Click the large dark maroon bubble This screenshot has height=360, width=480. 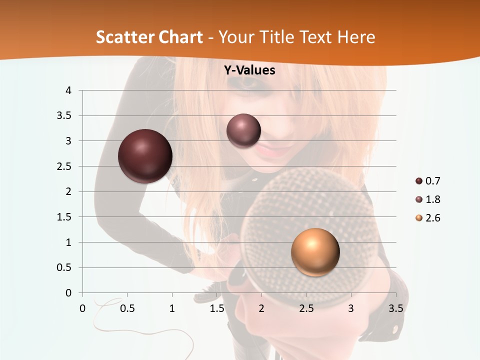pyautogui.click(x=145, y=156)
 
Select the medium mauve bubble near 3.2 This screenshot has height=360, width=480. pyautogui.click(x=243, y=131)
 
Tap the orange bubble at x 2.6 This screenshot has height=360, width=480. pyautogui.click(x=315, y=252)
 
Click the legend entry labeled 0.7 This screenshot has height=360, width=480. pyautogui.click(x=428, y=181)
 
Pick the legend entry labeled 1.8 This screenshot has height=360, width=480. pyautogui.click(x=428, y=199)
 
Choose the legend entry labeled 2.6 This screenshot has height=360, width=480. pyautogui.click(x=428, y=218)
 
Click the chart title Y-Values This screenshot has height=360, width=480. pyautogui.click(x=249, y=70)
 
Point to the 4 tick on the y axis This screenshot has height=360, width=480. pyautogui.click(x=68, y=90)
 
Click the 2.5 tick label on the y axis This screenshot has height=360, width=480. pyautogui.click(x=64, y=166)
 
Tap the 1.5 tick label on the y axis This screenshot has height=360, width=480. pyautogui.click(x=64, y=217)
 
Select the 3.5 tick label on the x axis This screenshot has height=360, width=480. pyautogui.click(x=395, y=308)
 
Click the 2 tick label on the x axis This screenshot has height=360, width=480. pyautogui.click(x=261, y=308)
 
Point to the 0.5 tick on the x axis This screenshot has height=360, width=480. pyautogui.click(x=127, y=308)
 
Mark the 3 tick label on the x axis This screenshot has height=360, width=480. pyautogui.click(x=351, y=308)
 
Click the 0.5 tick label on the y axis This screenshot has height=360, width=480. pyautogui.click(x=64, y=267)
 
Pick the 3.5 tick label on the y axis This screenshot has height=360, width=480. pyautogui.click(x=64, y=116)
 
